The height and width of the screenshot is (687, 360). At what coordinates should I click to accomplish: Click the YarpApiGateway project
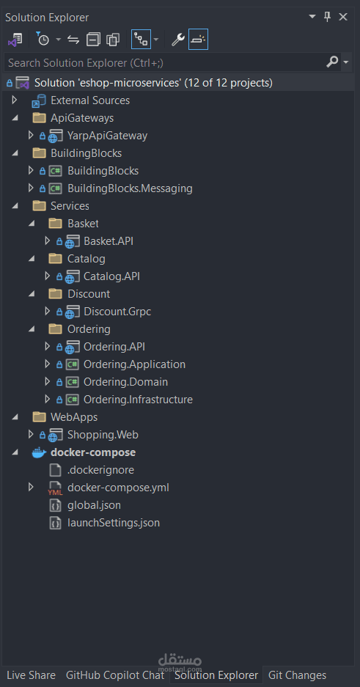tap(107, 136)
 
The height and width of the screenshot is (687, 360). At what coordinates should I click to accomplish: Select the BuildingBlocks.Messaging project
tap(129, 188)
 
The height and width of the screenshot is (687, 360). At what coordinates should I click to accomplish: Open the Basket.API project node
tap(108, 241)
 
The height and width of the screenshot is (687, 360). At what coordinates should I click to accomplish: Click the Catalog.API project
tap(111, 276)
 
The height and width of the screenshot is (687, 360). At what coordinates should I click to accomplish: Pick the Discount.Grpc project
tap(117, 312)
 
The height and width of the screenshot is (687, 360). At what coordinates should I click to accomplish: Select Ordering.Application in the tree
tap(134, 364)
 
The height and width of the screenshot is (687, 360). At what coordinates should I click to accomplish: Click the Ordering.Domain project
tap(125, 382)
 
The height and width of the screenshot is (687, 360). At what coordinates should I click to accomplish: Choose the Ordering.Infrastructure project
tap(138, 400)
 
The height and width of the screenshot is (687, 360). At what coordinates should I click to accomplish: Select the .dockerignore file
tap(100, 470)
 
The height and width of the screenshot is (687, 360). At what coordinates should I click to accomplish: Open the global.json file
tap(94, 505)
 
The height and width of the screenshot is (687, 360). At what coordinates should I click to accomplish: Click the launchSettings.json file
tap(113, 523)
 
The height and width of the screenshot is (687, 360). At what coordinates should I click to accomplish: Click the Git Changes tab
tap(297, 675)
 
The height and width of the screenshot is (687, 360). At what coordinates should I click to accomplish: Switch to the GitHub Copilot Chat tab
tap(115, 675)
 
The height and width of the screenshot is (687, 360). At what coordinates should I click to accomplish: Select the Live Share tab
tap(31, 675)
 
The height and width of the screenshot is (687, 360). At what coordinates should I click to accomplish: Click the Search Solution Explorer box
tap(161, 63)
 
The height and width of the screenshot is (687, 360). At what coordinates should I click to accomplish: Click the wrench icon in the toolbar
tap(177, 40)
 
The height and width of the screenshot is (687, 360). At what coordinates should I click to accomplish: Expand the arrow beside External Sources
tap(14, 100)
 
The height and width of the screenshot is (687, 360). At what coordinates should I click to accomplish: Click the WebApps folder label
tap(73, 417)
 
